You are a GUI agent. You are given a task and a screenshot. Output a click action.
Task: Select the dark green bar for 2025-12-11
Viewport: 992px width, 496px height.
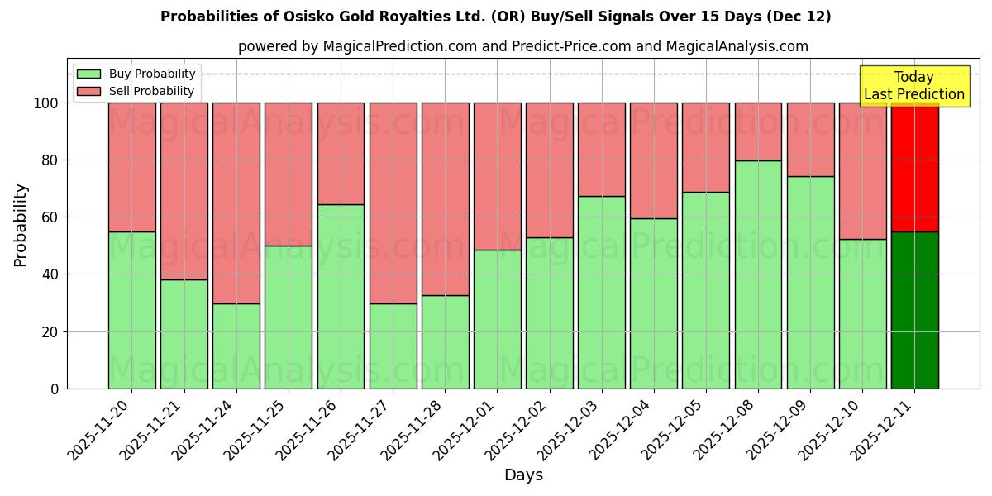point(914,310)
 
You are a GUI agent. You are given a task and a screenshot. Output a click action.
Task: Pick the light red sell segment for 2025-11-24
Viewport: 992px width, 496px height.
point(236,203)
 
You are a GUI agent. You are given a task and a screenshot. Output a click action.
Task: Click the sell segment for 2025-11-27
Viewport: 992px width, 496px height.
point(393,203)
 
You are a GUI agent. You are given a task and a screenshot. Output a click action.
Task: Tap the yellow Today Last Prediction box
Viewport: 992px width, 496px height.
point(914,86)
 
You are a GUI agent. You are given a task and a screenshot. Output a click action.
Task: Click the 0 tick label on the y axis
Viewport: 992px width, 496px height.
point(55,389)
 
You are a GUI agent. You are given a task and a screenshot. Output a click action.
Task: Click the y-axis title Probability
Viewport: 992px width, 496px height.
point(21,225)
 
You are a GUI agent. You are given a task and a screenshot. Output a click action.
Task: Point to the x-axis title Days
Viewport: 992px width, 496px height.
point(523,475)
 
